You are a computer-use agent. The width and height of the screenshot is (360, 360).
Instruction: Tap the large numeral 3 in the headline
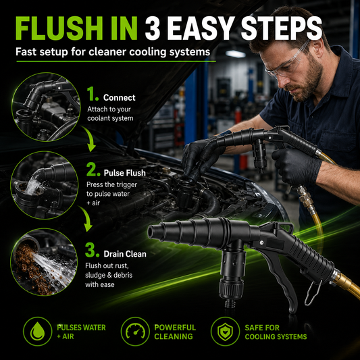(x=152, y=28)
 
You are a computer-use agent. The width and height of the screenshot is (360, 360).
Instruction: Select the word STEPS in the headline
(x=282, y=28)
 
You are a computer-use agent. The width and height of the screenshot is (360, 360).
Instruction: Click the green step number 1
(x=93, y=94)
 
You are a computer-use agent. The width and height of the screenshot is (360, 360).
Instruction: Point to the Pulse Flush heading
(x=125, y=173)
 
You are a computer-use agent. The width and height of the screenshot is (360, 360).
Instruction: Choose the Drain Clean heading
(x=125, y=254)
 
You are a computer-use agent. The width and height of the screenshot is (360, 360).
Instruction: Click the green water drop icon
(x=37, y=331)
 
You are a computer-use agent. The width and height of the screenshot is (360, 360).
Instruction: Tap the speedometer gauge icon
(x=135, y=331)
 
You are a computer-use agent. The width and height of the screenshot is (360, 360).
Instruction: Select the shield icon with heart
(x=225, y=331)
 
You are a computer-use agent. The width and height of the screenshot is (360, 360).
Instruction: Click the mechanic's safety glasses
(x=287, y=62)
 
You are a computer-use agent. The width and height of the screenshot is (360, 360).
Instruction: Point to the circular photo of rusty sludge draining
(x=44, y=262)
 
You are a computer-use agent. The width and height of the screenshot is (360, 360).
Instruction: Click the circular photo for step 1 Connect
(x=46, y=107)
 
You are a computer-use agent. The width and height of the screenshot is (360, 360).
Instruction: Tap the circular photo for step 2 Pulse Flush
(x=45, y=185)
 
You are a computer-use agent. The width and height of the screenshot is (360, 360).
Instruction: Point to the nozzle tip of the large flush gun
(x=152, y=232)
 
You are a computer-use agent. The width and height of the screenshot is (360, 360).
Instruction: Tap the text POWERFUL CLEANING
(x=175, y=332)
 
